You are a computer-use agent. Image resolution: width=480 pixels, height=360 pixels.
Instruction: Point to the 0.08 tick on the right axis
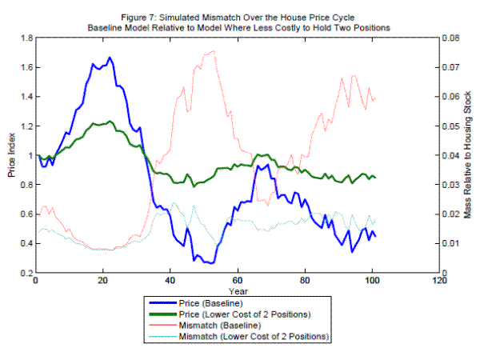click(453, 38)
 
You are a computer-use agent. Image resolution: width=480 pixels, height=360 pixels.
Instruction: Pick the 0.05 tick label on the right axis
click(453, 126)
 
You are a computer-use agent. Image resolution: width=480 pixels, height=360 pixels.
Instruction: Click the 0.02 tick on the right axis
click(453, 214)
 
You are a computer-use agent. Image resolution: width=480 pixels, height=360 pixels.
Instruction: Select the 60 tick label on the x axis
click(237, 282)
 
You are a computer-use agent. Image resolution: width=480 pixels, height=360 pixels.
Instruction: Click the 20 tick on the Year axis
click(103, 282)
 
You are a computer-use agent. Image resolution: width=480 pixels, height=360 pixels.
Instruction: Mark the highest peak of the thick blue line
click(110, 58)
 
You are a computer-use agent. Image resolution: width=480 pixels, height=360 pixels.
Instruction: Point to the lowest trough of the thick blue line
click(210, 263)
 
